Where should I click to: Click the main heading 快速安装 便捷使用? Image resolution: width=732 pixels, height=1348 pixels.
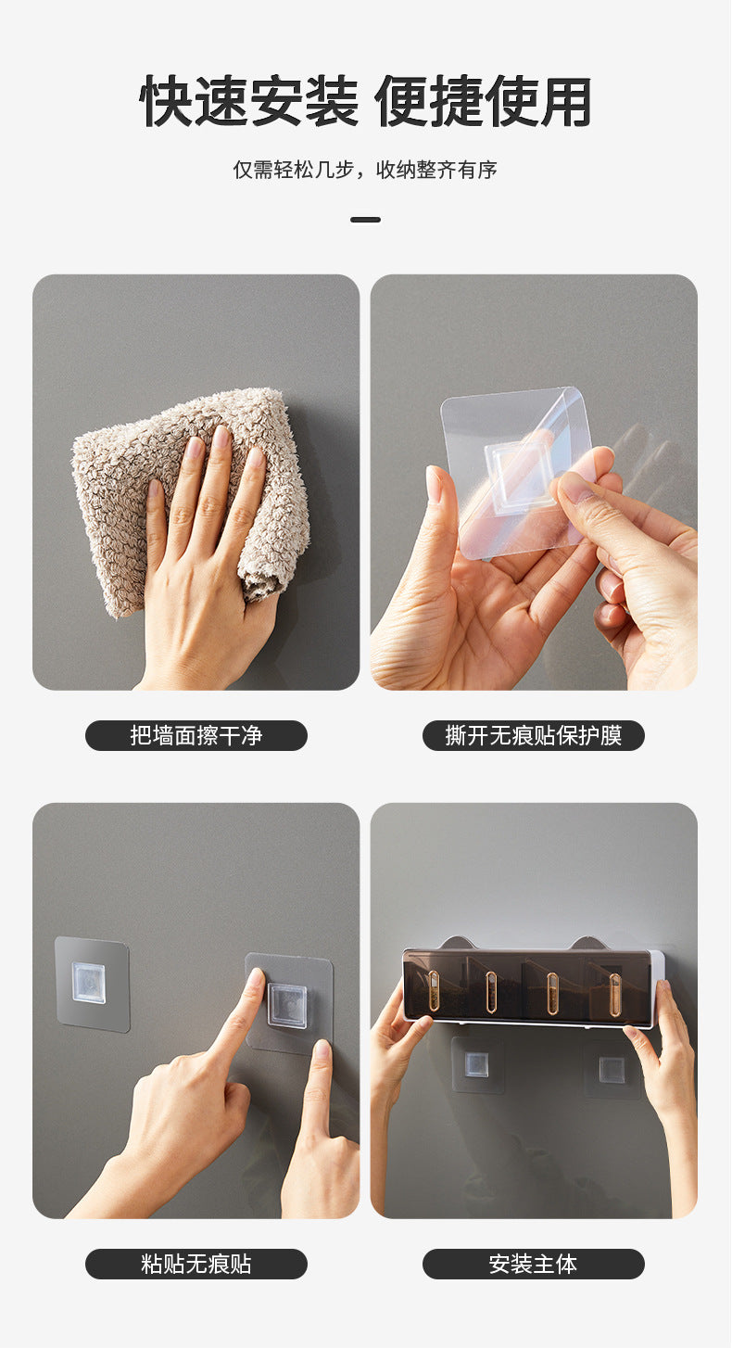[365, 101]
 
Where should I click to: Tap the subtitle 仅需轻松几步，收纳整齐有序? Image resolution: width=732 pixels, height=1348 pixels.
[365, 170]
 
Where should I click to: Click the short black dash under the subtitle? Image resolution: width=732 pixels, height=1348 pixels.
[365, 220]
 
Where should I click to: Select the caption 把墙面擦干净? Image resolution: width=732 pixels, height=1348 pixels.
[196, 735]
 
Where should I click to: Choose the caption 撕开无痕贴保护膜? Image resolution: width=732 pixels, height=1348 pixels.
[534, 735]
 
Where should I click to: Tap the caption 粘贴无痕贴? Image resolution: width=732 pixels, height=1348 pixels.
[196, 1264]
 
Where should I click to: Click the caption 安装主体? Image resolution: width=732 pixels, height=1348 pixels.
[534, 1264]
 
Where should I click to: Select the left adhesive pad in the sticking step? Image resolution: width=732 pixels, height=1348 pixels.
[92, 984]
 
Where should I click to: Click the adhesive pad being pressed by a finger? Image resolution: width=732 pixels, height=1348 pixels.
[289, 1002]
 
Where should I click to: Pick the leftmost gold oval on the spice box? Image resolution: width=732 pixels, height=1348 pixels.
[433, 991]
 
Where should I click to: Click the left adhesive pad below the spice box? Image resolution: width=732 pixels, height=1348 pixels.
[477, 1064]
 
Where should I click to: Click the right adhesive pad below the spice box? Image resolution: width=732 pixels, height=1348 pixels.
[612, 1068]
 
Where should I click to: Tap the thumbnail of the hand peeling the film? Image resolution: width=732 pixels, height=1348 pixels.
[534, 482]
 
